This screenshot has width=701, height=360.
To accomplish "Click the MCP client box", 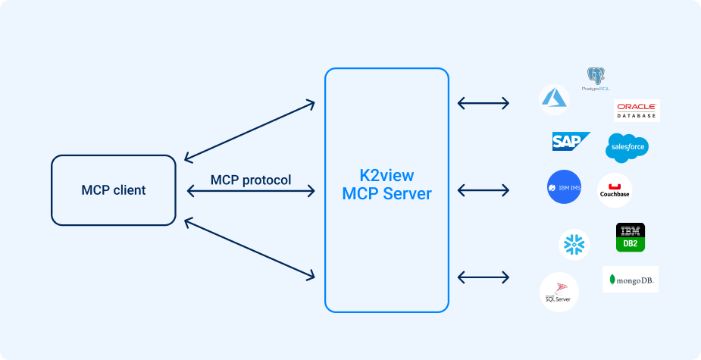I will click(114, 189).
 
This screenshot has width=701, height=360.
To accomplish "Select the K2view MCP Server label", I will click(386, 184).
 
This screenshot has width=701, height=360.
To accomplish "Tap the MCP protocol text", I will click(251, 180).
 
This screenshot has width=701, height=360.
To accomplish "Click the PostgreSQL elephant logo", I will click(596, 77).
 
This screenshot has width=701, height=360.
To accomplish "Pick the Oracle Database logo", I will click(637, 111).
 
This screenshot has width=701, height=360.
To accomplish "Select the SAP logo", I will click(571, 142).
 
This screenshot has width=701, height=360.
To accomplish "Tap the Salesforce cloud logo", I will click(627, 147).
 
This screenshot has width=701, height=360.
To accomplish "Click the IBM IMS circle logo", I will click(564, 187).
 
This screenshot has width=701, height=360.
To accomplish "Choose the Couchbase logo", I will click(615, 190).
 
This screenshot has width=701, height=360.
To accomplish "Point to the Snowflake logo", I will click(574, 244).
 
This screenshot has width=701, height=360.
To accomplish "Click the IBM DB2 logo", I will click(630, 237).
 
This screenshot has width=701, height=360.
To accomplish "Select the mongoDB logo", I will click(631, 280).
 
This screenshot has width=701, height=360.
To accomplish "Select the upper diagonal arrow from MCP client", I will click(249, 130).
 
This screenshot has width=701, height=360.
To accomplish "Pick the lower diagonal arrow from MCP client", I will click(249, 248).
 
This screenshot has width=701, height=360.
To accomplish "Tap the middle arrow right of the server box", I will click(484, 188).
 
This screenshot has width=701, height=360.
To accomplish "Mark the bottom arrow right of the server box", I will click(484, 277).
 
